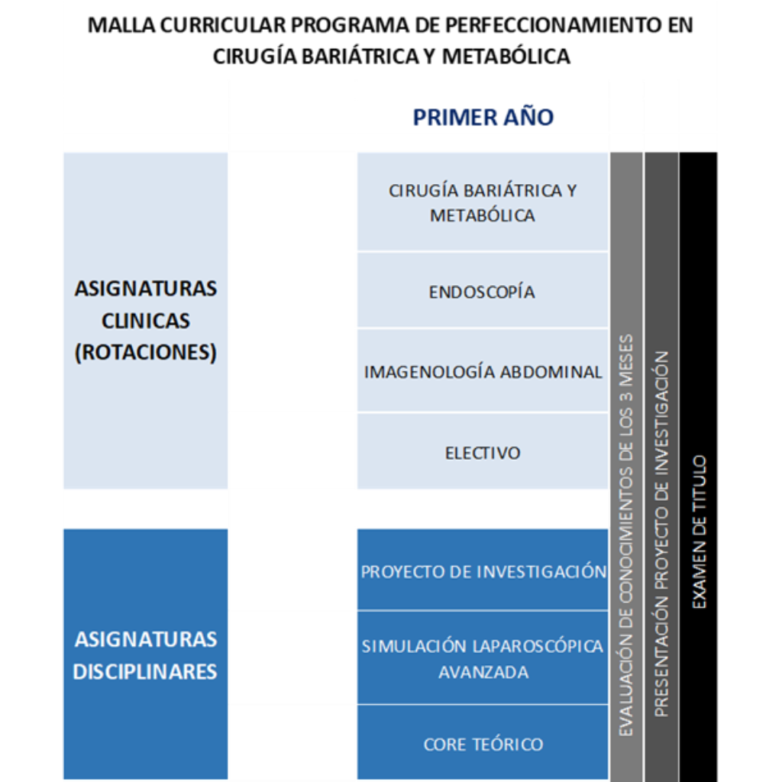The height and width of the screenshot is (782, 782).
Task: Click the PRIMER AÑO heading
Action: pos(483,118)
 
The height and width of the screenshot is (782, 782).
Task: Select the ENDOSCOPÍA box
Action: pos(482,291)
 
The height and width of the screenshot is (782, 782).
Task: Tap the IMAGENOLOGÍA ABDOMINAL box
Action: pos(483,372)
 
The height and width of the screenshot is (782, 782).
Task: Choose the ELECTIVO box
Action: pos(483,452)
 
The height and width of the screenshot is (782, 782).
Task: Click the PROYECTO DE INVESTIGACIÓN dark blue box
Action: pos(483,571)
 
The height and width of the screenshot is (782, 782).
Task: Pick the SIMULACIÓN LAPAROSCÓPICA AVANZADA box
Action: pos(483,658)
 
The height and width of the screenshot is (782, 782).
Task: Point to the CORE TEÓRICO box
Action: pos(483,743)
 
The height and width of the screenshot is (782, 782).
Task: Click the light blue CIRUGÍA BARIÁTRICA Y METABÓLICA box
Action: pos(483,202)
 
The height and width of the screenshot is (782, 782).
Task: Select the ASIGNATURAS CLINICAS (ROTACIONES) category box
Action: pos(145,321)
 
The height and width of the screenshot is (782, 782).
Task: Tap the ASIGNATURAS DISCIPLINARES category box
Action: pos(145,654)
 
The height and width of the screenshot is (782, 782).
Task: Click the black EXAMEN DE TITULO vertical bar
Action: pos(698,466)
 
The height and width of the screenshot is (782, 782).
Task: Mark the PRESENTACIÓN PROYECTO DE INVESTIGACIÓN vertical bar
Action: pos(661,466)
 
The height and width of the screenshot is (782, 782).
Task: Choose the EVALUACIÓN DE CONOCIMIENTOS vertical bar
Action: pos(626,466)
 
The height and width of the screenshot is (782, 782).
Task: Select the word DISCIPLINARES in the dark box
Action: pos(145,672)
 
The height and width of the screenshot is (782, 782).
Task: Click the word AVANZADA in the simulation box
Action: pos(483,673)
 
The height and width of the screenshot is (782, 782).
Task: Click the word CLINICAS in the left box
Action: pos(145,321)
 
